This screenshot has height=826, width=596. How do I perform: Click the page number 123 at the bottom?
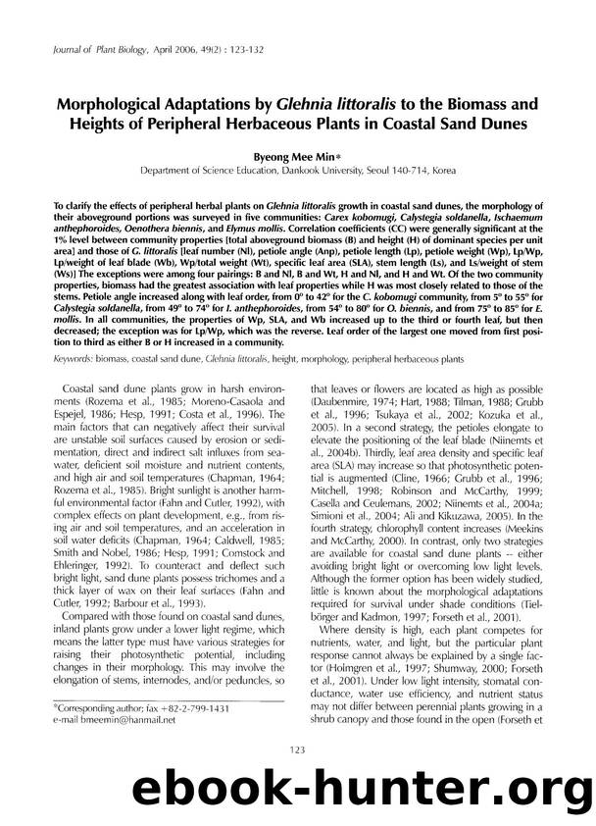298,750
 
